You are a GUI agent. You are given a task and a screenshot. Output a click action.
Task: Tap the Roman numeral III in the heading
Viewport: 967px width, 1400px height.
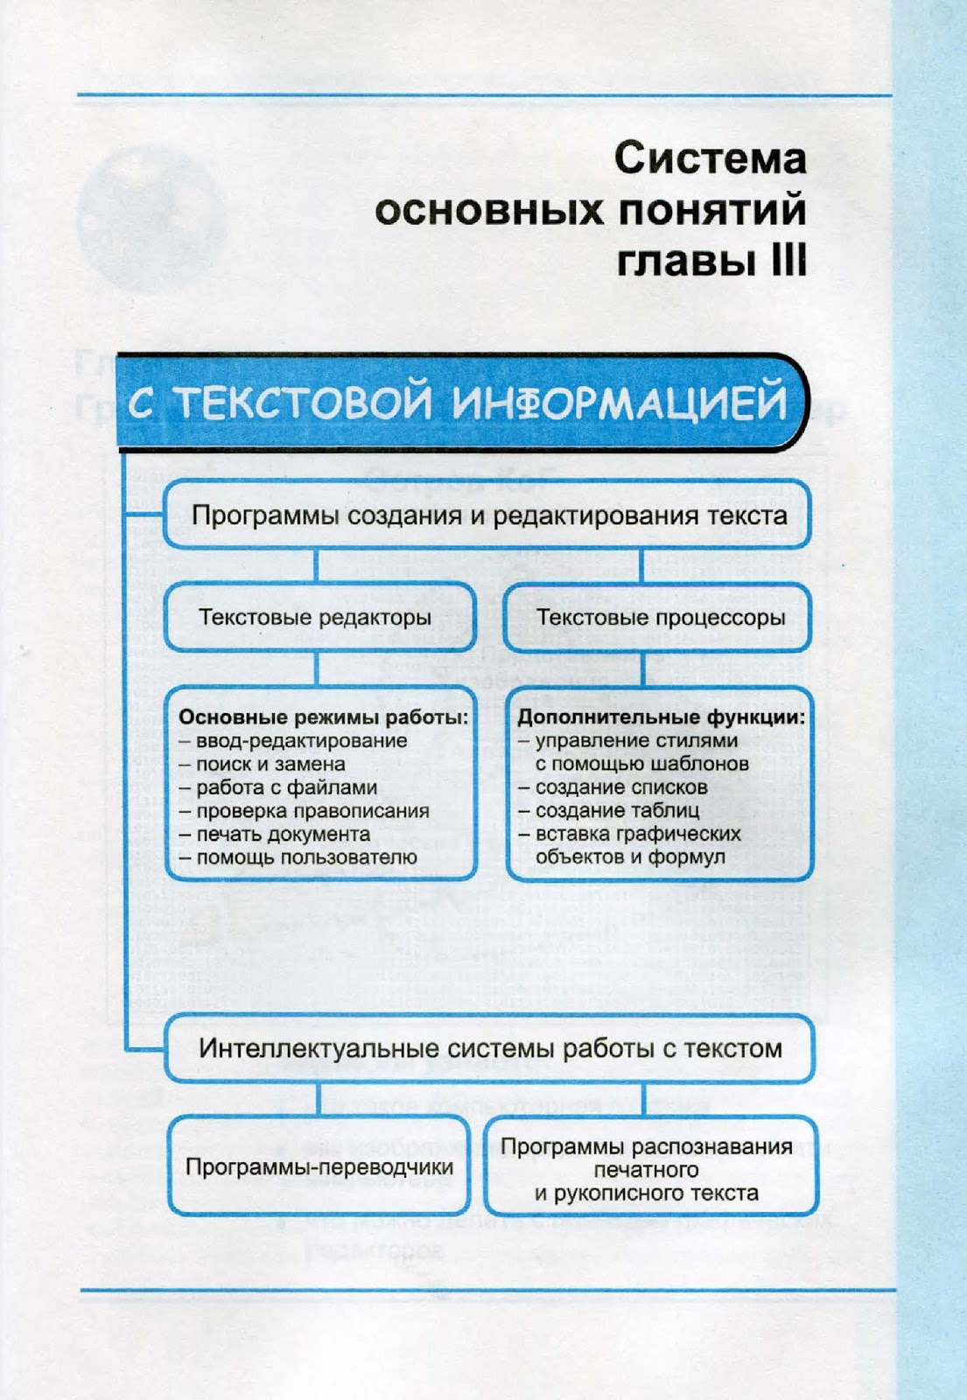788,262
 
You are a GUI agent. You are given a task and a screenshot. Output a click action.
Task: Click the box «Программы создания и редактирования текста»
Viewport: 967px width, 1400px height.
488,515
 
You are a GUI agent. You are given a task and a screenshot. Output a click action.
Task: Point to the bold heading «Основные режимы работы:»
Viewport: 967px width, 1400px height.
324,717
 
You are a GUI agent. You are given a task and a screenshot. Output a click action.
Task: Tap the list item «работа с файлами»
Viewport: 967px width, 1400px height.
286,787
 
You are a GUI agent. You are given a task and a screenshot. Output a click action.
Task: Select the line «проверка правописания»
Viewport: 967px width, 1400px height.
312,811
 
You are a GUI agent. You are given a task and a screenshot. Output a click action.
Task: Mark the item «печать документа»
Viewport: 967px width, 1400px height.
283,835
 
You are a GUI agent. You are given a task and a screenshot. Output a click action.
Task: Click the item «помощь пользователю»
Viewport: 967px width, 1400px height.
306,857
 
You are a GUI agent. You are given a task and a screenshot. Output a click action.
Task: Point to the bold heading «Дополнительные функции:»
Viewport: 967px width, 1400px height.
661,717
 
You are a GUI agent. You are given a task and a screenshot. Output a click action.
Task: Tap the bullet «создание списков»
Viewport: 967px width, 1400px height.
621,787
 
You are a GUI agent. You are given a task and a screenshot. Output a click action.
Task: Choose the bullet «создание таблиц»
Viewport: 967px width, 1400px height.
617,811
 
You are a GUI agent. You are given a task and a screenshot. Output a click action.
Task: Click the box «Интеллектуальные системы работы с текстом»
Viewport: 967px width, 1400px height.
490,1048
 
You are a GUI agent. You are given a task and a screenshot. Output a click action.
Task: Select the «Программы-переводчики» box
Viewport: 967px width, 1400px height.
319,1167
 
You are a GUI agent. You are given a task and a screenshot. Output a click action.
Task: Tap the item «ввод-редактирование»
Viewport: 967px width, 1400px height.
302,741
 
